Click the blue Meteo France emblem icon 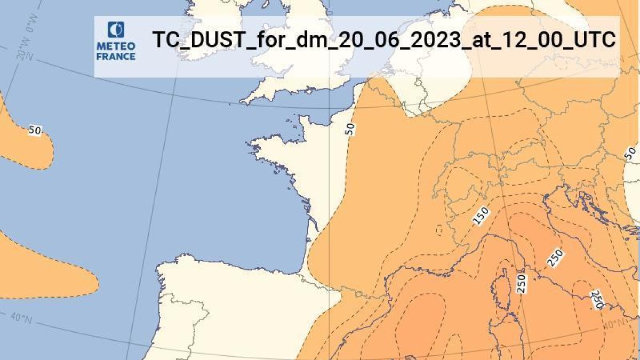(115, 30)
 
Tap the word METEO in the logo (115, 46)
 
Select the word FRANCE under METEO (115, 55)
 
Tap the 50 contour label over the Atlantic (35, 130)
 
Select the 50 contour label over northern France (350, 128)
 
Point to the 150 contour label (481, 215)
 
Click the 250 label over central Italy (555, 259)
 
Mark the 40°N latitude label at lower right (613, 323)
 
